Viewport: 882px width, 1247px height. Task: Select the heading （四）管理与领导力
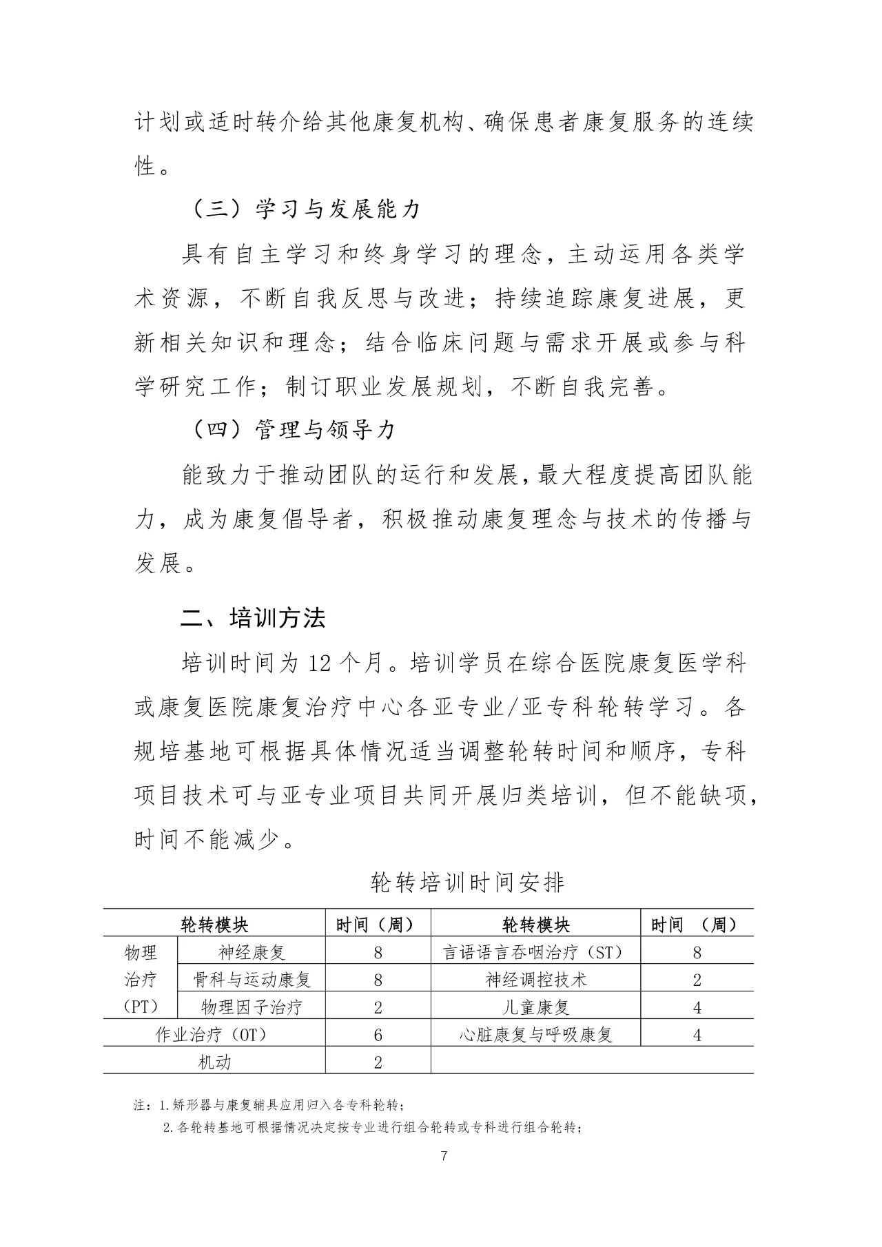click(292, 431)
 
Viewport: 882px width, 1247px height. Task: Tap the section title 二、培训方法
click(252, 618)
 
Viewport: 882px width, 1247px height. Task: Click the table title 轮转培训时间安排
click(466, 883)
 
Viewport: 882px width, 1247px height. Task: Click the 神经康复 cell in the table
click(252, 953)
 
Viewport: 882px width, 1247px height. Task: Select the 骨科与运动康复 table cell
click(252, 980)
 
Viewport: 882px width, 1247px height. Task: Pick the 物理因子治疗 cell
click(252, 1007)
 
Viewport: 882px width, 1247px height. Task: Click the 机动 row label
click(214, 1062)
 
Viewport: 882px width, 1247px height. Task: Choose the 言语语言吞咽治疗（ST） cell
click(535, 953)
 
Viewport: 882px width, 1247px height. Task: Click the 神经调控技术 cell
click(535, 980)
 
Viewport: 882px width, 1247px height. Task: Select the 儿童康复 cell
click(535, 1007)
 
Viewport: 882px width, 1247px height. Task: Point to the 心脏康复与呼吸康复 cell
click(535, 1035)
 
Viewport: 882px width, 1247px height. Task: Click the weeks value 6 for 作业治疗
click(378, 1035)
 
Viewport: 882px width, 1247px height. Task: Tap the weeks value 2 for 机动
click(378, 1062)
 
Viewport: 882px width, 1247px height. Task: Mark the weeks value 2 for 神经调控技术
click(697, 980)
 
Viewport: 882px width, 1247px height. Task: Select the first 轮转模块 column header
click(214, 925)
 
